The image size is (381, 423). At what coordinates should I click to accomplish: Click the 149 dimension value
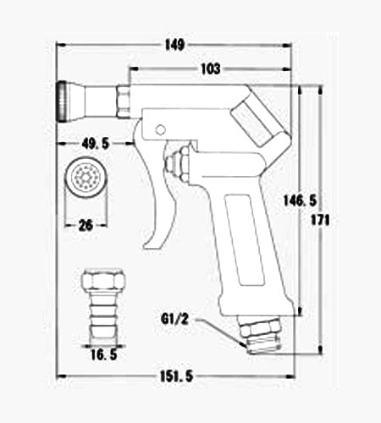pyautogui.click(x=175, y=45)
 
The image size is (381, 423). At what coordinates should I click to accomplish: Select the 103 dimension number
pyautogui.click(x=211, y=69)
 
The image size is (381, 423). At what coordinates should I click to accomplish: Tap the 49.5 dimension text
pyautogui.click(x=96, y=144)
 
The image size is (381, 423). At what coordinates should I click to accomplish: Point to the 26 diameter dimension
pyautogui.click(x=86, y=226)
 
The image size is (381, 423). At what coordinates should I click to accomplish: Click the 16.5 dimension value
pyautogui.click(x=104, y=354)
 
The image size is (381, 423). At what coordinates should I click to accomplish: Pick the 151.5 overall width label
pyautogui.click(x=177, y=376)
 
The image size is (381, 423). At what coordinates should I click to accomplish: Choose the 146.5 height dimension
pyautogui.click(x=300, y=201)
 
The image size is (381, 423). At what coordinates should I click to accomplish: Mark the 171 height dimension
pyautogui.click(x=320, y=220)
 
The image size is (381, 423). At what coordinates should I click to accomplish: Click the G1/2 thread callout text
pyautogui.click(x=174, y=320)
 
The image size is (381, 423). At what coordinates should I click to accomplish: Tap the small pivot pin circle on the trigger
pyautogui.click(x=161, y=129)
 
